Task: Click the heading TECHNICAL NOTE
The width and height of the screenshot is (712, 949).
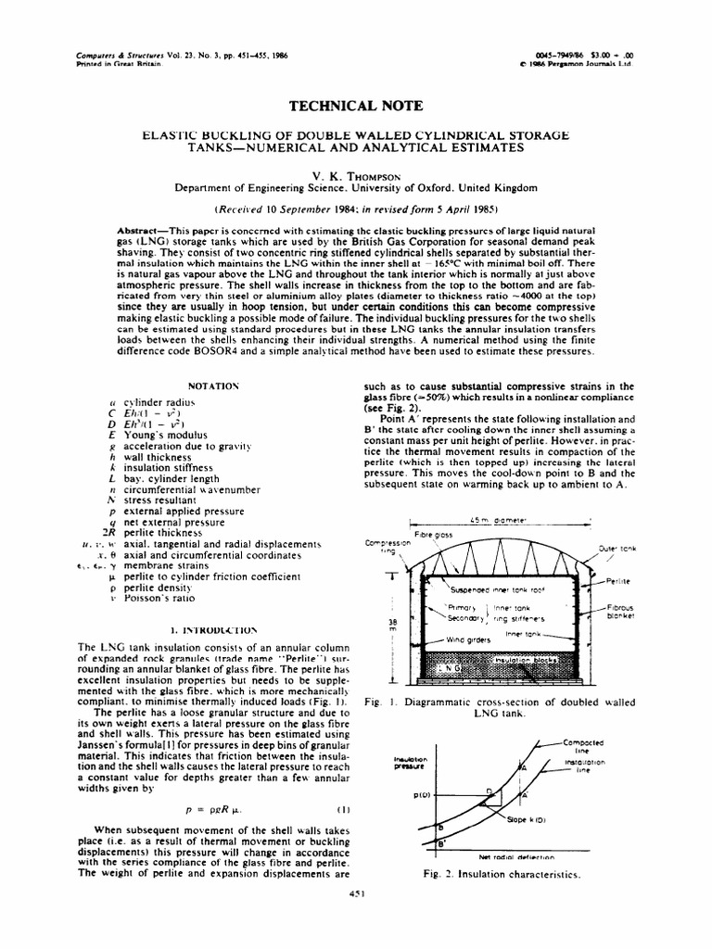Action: click(x=355, y=107)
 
